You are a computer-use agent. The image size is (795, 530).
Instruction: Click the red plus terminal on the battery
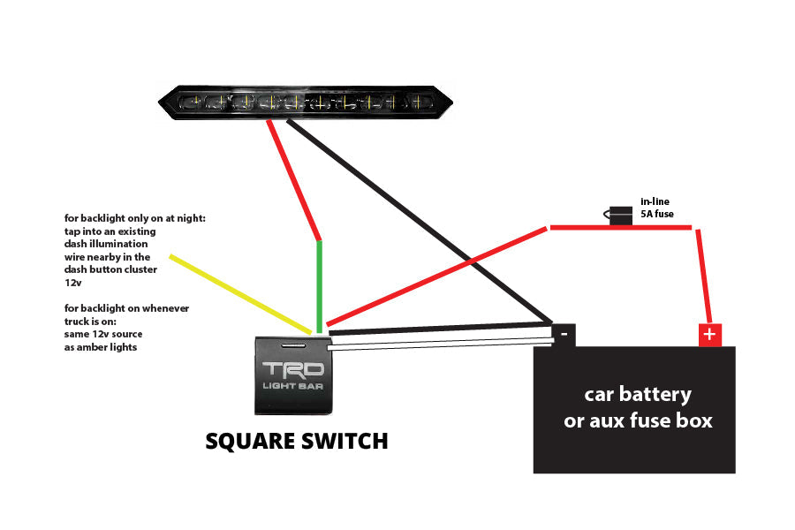click(x=709, y=335)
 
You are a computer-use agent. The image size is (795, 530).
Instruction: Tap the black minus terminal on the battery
click(x=564, y=334)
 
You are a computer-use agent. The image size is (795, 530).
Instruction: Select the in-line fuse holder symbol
click(x=620, y=216)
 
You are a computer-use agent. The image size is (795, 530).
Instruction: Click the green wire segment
click(x=319, y=283)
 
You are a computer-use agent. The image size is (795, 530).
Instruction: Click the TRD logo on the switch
click(x=292, y=369)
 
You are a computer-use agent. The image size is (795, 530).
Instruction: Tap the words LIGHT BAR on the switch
click(x=292, y=386)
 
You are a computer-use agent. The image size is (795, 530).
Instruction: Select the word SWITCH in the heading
click(x=345, y=441)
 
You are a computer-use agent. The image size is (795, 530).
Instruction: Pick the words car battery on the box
click(x=638, y=394)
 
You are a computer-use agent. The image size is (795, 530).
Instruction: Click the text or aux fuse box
click(x=638, y=420)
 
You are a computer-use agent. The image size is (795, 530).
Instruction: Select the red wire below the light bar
click(x=295, y=180)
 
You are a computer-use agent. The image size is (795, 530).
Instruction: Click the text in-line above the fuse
click(x=655, y=201)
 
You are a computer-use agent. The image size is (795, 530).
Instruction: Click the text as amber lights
click(x=101, y=347)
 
